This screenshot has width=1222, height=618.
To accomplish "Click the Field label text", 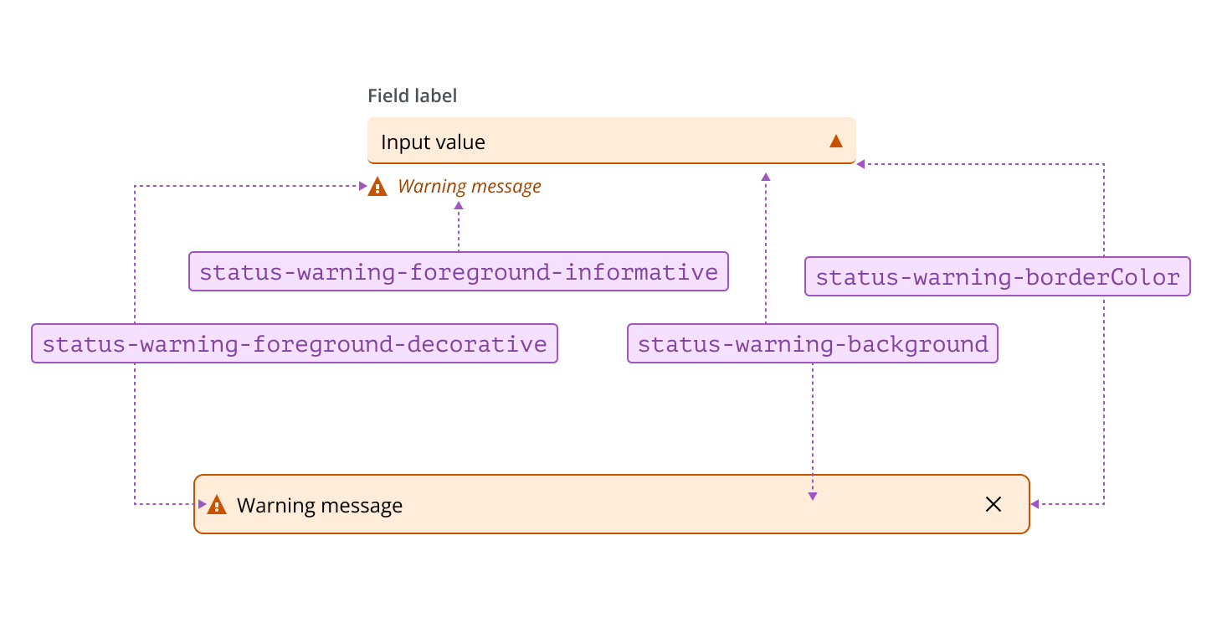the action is tap(412, 96).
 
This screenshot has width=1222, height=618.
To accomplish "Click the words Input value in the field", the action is tap(433, 142).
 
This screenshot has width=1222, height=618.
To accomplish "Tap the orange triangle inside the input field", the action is tap(835, 141).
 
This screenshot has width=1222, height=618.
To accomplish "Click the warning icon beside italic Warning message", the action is tap(377, 186).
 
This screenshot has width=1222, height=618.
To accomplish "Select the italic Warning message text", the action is tap(469, 186).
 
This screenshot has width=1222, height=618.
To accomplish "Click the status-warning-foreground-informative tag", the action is tap(459, 272).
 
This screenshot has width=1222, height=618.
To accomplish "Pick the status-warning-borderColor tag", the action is tap(997, 277).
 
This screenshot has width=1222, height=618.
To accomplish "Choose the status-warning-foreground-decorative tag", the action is tap(294, 344).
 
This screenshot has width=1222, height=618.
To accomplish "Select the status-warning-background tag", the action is tap(812, 344).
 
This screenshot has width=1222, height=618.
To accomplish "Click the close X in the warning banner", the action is tap(994, 504).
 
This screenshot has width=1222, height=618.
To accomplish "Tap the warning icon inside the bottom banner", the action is tap(217, 505).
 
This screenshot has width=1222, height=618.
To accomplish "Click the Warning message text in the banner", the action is tap(320, 506).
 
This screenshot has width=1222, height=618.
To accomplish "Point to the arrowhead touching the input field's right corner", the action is tap(860, 164).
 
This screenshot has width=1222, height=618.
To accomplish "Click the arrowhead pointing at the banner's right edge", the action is tap(1035, 504).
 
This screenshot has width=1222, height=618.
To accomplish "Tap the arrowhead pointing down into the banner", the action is tap(812, 497).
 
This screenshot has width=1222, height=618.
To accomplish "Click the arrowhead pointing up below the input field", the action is tap(765, 177).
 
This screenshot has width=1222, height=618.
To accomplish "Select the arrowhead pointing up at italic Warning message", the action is tap(459, 204).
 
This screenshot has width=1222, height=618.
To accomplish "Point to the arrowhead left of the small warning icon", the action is tap(362, 186).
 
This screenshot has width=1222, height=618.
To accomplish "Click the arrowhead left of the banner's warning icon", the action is tap(202, 504).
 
